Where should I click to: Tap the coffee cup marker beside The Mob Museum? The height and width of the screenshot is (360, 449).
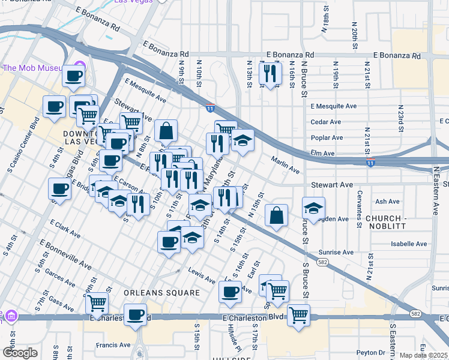[74, 76]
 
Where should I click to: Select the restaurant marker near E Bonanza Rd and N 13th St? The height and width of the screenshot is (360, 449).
[270, 73]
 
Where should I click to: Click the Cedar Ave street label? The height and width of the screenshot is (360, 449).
[325, 122]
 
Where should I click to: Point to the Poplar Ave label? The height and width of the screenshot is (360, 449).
[327, 137]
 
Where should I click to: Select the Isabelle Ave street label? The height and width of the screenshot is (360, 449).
[409, 244]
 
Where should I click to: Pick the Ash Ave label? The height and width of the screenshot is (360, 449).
[387, 202]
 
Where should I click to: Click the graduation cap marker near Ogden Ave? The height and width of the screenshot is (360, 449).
[313, 208]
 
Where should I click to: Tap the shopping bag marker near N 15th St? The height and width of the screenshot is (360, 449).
[276, 216]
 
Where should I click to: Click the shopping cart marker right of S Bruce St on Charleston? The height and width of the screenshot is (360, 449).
[298, 315]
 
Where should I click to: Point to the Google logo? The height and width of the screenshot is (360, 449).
[20, 353]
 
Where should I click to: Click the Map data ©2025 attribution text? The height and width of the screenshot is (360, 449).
[424, 355]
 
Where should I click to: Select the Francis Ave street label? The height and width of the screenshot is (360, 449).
[114, 345]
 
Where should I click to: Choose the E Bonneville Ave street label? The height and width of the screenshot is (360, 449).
[65, 256]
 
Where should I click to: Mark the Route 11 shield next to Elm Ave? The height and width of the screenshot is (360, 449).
[370, 163]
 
